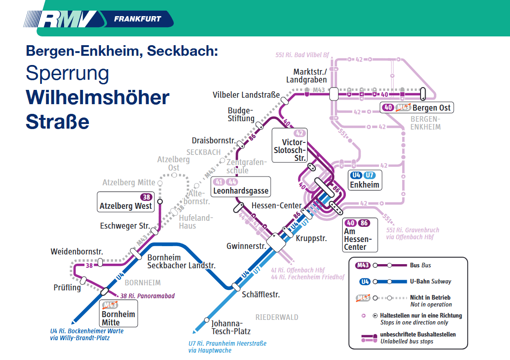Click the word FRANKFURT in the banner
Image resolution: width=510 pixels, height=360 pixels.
tap(137, 19)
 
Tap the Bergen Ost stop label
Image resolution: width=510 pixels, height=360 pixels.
tap(431, 108)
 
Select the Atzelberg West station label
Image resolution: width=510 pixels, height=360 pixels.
tap(125, 206)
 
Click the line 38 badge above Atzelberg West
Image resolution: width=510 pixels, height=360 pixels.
tap(146, 197)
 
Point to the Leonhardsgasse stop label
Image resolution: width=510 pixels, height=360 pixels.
tap(241, 190)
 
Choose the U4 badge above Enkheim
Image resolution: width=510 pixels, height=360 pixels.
tap(356, 175)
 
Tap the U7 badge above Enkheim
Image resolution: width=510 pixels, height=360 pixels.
tap(369, 175)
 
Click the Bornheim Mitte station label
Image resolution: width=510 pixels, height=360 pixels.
tap(118, 318)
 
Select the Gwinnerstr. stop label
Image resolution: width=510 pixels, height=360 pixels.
tap(246, 246)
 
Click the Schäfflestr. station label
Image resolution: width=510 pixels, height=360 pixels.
tap(261, 295)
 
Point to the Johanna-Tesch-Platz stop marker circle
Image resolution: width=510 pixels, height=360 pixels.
tap(207, 320)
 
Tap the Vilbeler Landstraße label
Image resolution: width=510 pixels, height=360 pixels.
tap(246, 94)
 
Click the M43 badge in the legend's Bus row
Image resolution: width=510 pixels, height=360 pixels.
tap(363, 266)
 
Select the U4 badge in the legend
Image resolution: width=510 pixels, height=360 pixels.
tap(365, 282)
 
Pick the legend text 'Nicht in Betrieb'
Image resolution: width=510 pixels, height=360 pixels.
tap(430, 298)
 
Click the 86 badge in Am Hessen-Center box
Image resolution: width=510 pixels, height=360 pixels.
tap(364, 223)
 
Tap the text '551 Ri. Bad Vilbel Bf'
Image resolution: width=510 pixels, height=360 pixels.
tap(302, 55)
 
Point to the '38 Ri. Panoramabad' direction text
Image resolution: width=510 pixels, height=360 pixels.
tap(148, 296)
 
